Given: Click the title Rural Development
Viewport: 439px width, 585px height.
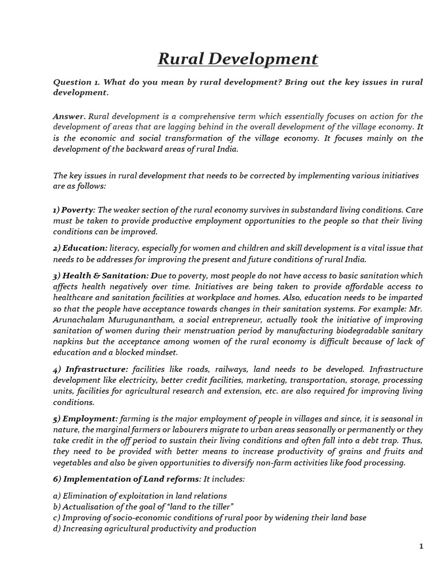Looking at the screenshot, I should (237, 59).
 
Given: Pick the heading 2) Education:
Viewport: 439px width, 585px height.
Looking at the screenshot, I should (79, 247).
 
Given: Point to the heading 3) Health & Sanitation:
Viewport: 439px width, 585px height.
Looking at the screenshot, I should (101, 275).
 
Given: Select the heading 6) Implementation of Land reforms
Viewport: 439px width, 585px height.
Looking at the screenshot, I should (126, 478).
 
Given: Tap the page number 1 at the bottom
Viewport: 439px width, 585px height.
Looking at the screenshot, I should (421, 547).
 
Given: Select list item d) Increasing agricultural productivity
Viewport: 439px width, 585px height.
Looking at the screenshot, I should (154, 528).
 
